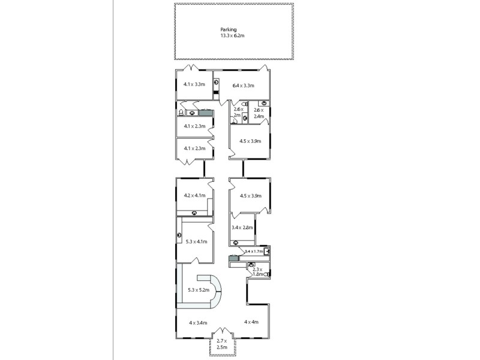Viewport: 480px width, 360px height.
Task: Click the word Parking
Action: tap(228, 29)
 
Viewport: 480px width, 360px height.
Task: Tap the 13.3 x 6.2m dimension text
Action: tap(232, 36)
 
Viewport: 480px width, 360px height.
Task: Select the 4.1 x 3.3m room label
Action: tap(194, 85)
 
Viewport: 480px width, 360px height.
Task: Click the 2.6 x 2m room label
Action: tap(238, 112)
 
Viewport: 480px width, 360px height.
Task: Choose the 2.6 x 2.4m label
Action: tap(259, 113)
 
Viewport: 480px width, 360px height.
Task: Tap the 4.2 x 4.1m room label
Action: tap(194, 196)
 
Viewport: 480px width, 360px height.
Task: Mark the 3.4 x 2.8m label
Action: tap(242, 227)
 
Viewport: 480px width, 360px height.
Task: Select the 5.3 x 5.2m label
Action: tap(198, 290)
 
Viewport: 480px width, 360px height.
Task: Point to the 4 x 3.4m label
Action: tap(198, 323)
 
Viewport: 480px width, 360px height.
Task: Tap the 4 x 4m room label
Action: tap(251, 322)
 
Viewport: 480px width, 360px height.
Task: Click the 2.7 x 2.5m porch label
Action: tap(222, 344)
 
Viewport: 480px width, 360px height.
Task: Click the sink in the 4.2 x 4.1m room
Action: tap(194, 213)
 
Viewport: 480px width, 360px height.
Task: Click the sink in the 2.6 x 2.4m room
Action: tap(262, 102)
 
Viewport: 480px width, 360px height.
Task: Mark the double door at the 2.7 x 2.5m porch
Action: tap(222, 332)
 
